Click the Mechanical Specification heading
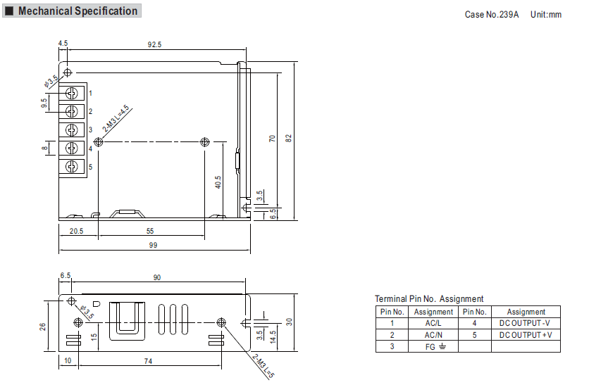point(77,11)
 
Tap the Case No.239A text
point(491,15)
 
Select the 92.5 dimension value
point(154,44)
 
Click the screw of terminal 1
point(71,93)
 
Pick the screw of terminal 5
point(71,166)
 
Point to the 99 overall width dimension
point(153,246)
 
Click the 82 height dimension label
point(288,138)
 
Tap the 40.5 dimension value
point(218,182)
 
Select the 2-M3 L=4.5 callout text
point(116,118)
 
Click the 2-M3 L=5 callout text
point(263,366)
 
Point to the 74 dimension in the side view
point(148,361)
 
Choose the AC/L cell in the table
point(433,323)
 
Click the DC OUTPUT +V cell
point(526,335)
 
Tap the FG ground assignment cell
point(433,347)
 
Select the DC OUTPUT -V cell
point(526,323)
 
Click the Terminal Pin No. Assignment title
point(429,299)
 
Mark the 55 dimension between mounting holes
point(150,231)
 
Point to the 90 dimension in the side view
point(157,277)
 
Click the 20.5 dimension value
point(76,231)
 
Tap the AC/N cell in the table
point(433,335)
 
